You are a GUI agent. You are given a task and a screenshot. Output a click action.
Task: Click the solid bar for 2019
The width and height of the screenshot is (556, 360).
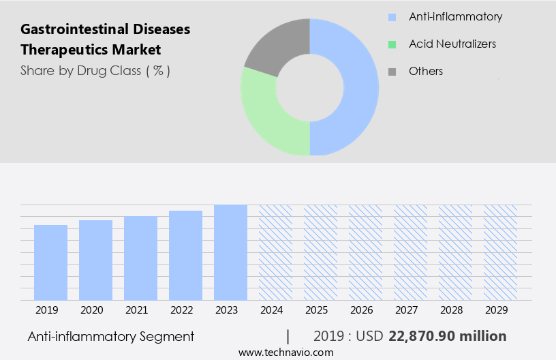(51, 262)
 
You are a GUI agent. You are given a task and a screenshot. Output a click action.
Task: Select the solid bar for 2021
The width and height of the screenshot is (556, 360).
(141, 258)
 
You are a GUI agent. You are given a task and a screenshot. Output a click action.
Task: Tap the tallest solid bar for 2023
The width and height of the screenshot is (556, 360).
(230, 252)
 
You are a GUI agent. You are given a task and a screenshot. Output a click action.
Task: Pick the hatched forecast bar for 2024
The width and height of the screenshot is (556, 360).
(275, 252)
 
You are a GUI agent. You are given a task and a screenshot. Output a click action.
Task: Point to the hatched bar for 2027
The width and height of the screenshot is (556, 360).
(410, 252)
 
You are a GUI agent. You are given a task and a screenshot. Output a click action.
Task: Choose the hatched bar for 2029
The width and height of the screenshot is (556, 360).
(500, 252)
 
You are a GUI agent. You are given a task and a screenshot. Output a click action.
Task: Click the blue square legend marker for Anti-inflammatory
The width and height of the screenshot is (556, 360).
(391, 17)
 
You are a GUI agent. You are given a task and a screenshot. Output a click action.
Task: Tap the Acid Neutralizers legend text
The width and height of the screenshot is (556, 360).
(452, 44)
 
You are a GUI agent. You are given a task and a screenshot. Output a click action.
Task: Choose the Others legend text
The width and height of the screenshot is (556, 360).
(426, 71)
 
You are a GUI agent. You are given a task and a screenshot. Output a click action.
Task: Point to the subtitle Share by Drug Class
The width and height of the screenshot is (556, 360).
(95, 70)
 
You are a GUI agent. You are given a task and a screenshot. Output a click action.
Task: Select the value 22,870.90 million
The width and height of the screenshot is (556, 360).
(447, 336)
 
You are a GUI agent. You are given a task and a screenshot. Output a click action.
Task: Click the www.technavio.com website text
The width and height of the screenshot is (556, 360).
(285, 352)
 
